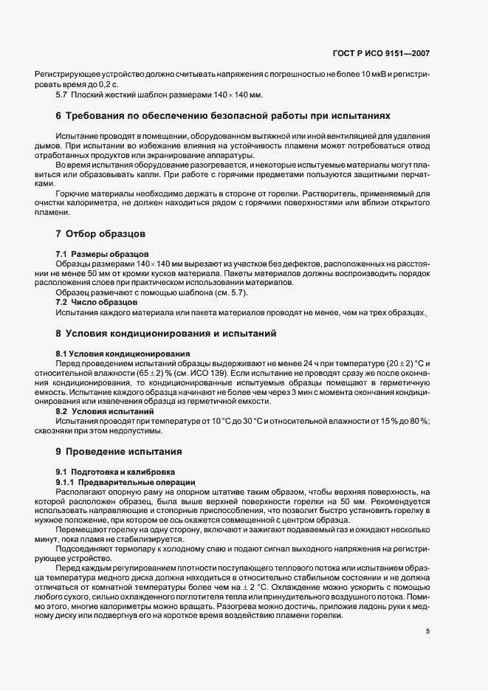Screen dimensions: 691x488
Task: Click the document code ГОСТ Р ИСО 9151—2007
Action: (x=382, y=54)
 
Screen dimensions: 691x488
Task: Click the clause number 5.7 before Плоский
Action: (x=62, y=95)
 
